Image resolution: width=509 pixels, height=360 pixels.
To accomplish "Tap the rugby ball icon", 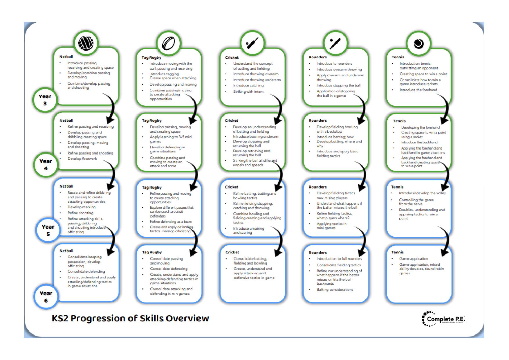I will (x=169, y=44).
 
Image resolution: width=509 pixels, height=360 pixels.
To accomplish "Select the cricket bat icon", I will (x=252, y=44).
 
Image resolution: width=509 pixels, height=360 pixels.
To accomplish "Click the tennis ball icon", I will (x=418, y=44).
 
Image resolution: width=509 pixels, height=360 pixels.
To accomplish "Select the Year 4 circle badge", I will (x=46, y=165).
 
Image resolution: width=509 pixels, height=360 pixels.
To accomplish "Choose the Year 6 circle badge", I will (x=46, y=297).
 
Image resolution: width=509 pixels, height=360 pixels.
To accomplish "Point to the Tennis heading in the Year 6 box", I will (x=397, y=252).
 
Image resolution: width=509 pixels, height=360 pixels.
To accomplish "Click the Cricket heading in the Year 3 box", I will (x=232, y=57).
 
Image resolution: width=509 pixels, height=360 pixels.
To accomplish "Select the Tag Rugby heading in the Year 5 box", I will (x=151, y=188).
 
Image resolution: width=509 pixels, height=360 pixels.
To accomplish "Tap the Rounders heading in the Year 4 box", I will (x=317, y=120).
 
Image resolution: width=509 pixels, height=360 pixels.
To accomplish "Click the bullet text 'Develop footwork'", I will (x=82, y=159).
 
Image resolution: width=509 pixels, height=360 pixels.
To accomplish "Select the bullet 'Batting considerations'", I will (x=335, y=289).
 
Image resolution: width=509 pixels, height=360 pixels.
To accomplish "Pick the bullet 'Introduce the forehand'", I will (x=418, y=90).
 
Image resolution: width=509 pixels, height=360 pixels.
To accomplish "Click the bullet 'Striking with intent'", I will (x=248, y=91).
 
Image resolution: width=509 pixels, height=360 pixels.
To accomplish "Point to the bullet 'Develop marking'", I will (x=82, y=207).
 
